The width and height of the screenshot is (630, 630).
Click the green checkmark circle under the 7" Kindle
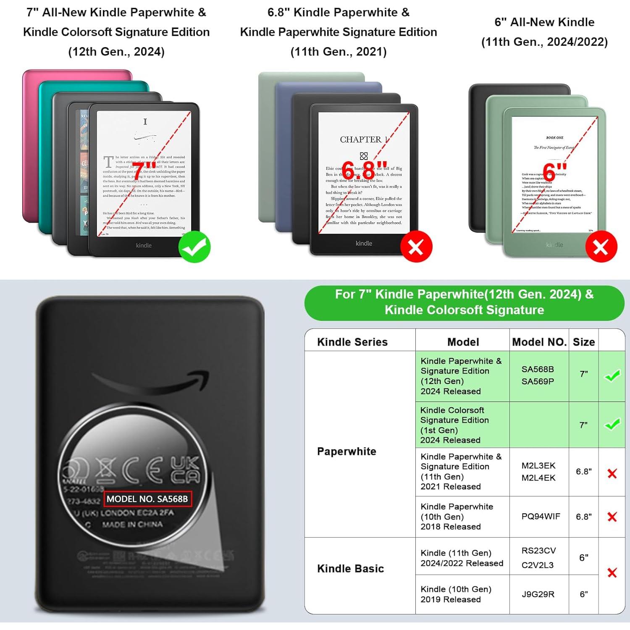[x=194, y=247]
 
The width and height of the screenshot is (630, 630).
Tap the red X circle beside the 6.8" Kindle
[x=416, y=247]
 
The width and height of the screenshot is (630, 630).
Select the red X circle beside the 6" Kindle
[x=601, y=247]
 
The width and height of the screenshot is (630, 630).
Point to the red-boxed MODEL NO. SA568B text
[x=147, y=499]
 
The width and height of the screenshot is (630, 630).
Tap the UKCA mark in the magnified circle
[x=185, y=470]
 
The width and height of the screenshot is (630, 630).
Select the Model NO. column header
[x=539, y=342]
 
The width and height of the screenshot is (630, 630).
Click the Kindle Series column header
[x=352, y=342]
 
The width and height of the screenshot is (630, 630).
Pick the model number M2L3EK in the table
[x=538, y=465]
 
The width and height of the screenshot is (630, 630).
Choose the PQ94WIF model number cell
[x=541, y=516]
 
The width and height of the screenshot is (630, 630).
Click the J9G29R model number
[x=538, y=594]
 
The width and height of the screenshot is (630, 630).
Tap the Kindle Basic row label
[x=350, y=568]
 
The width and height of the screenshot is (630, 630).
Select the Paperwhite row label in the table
[x=346, y=451]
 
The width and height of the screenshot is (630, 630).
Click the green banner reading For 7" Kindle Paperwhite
[x=464, y=302]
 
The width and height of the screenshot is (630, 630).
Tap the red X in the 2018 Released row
[x=612, y=517]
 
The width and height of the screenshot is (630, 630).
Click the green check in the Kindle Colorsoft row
[x=612, y=424]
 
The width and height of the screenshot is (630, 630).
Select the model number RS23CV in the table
[x=538, y=550]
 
